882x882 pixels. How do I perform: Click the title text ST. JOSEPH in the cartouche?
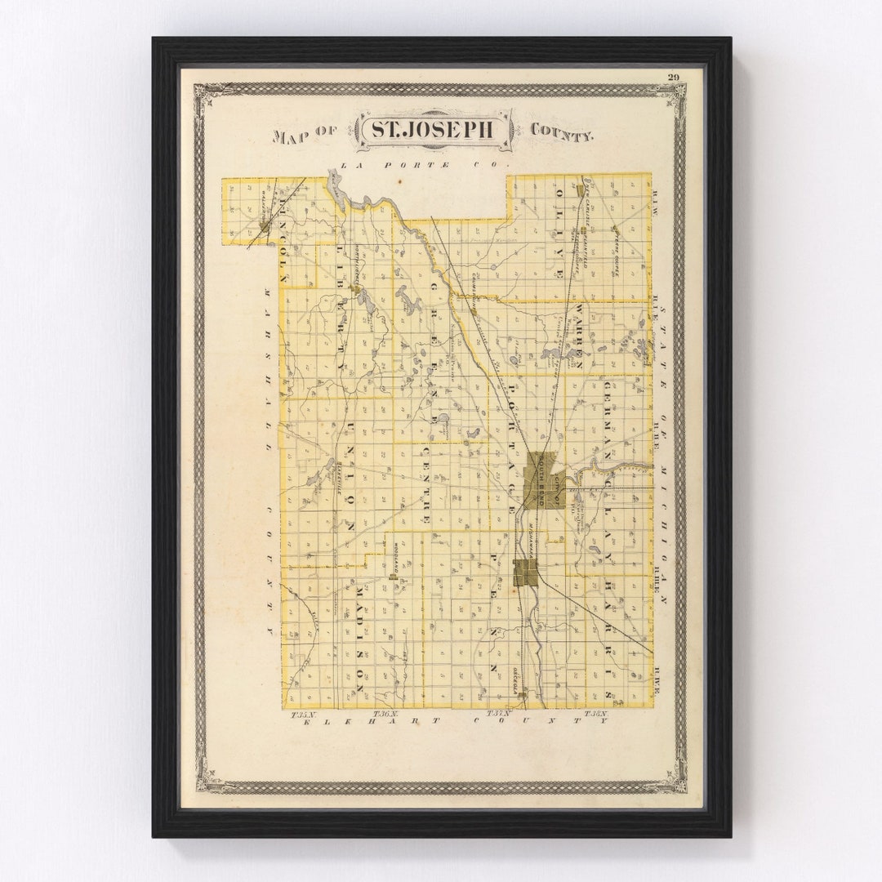pyautogui.click(x=434, y=130)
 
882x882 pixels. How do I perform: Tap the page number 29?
pyautogui.click(x=673, y=78)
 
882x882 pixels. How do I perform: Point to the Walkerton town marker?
pyautogui.click(x=265, y=220)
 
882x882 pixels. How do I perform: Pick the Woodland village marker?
pyautogui.click(x=393, y=575)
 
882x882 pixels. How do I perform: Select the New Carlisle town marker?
pyautogui.click(x=580, y=189)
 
